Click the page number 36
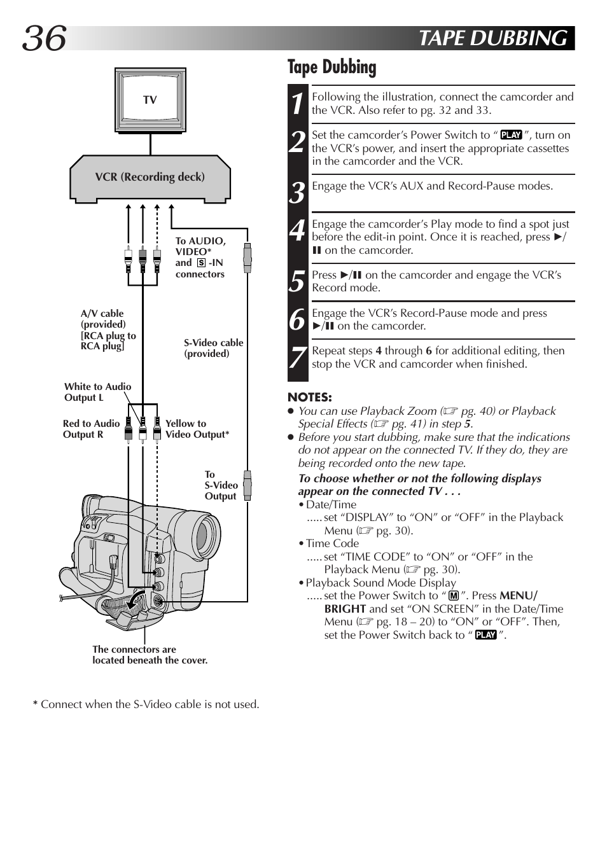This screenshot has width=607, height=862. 45,38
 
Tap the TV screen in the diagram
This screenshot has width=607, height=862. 150,99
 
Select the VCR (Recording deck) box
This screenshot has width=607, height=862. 150,177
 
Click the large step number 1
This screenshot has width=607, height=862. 298,104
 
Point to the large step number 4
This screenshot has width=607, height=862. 298,231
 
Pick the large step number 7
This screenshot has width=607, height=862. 298,358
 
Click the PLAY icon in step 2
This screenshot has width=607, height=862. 511,135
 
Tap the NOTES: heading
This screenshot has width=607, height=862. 310,398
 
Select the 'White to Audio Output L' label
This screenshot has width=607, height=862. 97,392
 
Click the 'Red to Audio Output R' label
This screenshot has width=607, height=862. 91,429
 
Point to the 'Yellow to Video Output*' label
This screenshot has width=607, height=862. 197,429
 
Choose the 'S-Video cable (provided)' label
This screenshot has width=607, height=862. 213,348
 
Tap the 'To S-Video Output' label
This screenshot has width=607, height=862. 221,485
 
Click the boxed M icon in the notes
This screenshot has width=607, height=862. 454,596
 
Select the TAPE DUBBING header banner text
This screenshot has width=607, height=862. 493,38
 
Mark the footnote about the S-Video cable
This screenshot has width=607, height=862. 146,704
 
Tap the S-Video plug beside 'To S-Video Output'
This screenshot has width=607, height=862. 248,486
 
